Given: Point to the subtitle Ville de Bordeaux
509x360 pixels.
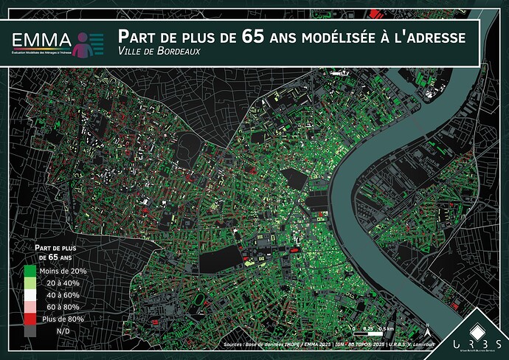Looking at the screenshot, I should tap(158, 51).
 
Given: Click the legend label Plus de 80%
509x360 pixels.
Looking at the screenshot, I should tap(62, 319).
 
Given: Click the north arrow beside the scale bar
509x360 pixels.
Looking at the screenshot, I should tap(426, 325).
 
